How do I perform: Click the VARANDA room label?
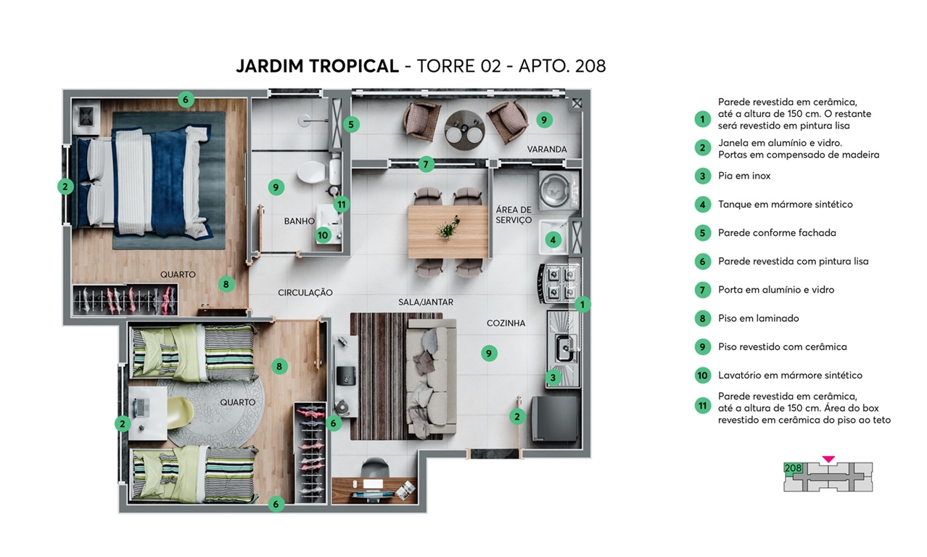(x=546, y=150)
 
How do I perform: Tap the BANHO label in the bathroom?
(x=299, y=221)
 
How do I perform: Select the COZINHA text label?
(x=506, y=323)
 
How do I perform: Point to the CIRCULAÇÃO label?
(x=305, y=293)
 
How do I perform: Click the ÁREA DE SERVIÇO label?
(x=514, y=215)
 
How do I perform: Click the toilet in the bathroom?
(x=312, y=172)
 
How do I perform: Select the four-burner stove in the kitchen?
(x=559, y=282)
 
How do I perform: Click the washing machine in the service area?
(x=557, y=191)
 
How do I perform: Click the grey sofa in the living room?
(x=430, y=378)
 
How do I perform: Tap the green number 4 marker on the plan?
(x=553, y=240)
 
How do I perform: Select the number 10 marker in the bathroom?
(x=323, y=235)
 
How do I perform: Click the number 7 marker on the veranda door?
(x=426, y=164)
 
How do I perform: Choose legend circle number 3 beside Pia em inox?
(x=701, y=176)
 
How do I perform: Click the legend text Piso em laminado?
(x=758, y=318)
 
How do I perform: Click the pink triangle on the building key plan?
(x=828, y=459)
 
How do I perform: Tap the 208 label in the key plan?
(x=793, y=468)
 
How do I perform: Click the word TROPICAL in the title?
(x=354, y=66)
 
